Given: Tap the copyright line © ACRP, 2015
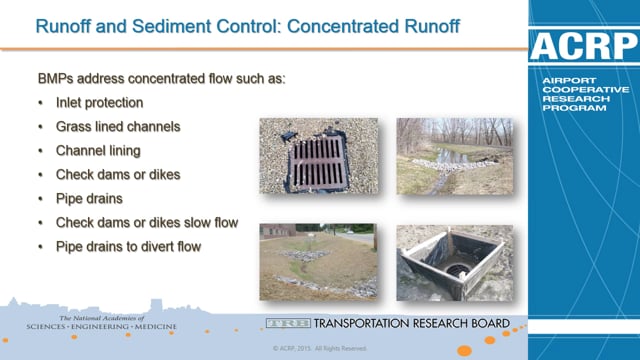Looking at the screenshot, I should tap(319, 349).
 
